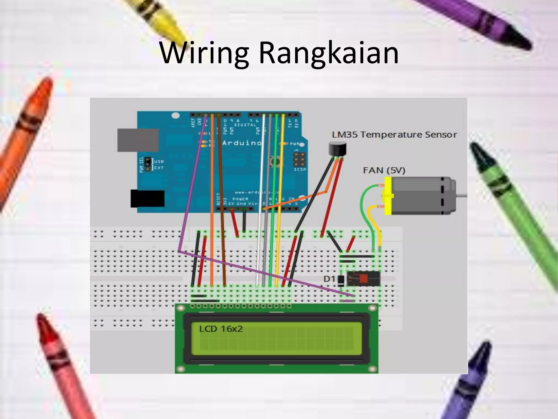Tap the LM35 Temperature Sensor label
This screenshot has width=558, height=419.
(394, 134)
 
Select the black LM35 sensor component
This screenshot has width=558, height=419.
(337, 150)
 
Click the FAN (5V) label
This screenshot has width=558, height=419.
(384, 170)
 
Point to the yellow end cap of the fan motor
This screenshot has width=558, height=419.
(388, 196)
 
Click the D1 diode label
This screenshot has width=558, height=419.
(329, 279)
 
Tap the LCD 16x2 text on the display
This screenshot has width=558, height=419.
(221, 329)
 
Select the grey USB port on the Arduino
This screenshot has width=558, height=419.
(138, 140)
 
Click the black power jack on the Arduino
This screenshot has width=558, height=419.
(147, 198)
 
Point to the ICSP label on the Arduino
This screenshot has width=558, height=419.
(300, 169)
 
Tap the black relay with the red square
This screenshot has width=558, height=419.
(363, 278)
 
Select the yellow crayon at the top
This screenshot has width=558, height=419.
(158, 16)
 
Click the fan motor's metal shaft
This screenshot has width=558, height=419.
(462, 195)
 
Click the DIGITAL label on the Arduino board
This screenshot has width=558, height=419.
(245, 125)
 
